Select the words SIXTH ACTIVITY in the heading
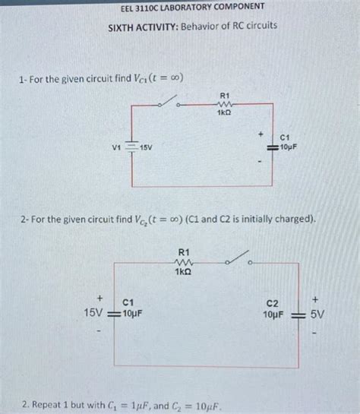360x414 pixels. [141, 26]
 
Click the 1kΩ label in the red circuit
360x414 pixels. [223, 113]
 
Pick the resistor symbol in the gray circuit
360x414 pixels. [183, 262]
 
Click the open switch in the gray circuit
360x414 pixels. [242, 262]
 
